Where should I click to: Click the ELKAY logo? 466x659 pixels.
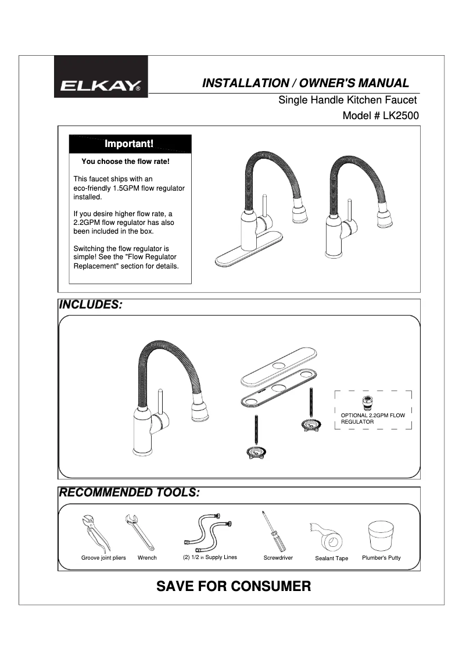101,87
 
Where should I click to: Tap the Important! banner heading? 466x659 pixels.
129,144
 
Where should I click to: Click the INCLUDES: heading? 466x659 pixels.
91,305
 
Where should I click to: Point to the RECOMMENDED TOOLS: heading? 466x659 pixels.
129,493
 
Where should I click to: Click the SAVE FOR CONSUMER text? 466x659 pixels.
234,586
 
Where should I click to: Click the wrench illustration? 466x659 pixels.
139,532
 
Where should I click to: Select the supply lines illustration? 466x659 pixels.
207,532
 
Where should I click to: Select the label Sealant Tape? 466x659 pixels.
331,558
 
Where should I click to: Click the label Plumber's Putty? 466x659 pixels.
381,558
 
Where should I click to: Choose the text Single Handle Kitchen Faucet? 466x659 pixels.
347,100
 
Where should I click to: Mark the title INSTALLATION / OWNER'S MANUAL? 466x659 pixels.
305,83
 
